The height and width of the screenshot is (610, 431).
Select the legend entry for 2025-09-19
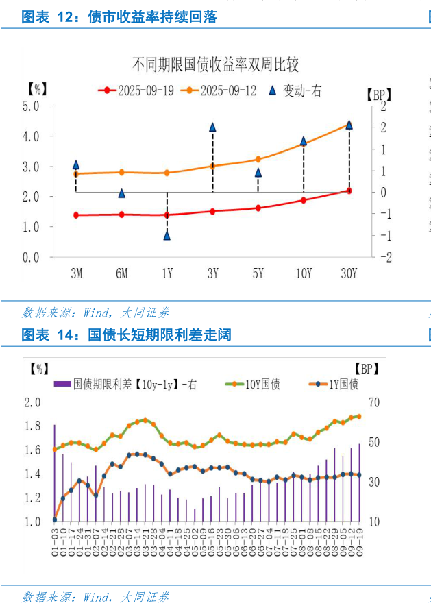(x=137, y=90)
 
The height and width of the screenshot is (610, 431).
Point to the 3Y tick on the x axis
(x=212, y=273)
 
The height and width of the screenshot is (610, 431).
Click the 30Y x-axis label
(x=349, y=273)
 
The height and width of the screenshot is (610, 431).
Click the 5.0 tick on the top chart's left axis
(x=31, y=106)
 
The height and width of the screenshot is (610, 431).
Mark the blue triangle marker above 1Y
(x=167, y=235)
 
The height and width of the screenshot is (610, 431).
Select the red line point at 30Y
(x=349, y=191)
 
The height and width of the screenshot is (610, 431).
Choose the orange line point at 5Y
(x=258, y=159)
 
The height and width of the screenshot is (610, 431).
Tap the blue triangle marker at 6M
(x=122, y=193)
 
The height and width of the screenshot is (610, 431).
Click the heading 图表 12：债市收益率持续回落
(x=120, y=17)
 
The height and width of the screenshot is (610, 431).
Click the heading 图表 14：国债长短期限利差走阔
(x=127, y=335)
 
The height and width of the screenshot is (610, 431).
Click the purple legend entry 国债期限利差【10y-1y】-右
(x=127, y=385)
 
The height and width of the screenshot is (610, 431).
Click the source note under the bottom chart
(x=96, y=597)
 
